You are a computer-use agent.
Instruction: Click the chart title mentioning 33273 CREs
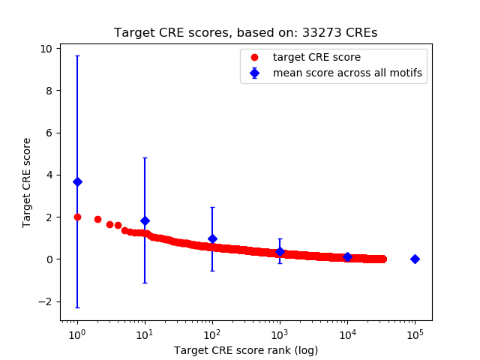(x=245, y=33)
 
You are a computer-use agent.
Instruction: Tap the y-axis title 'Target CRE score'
(x=27, y=182)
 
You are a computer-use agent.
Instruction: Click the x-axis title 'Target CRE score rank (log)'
(x=245, y=350)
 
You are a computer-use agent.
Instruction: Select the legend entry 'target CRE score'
(x=307, y=57)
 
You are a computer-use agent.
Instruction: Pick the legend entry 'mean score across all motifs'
(x=347, y=73)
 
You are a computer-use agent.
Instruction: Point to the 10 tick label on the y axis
(x=46, y=49)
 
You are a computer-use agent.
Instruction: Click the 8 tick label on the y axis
(x=49, y=91)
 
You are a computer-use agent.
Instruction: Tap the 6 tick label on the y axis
(x=49, y=133)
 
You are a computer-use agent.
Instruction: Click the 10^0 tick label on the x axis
(x=76, y=333)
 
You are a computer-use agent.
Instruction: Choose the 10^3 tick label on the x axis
(x=280, y=333)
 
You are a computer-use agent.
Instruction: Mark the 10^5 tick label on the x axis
(x=415, y=333)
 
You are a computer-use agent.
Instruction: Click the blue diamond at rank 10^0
(x=77, y=181)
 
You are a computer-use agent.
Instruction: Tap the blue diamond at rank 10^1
(x=145, y=220)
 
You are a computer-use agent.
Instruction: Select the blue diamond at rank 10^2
(x=212, y=238)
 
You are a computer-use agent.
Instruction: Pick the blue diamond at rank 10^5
(x=415, y=259)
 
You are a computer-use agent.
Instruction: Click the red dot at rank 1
(x=77, y=217)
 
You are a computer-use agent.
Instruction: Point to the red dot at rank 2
(x=97, y=219)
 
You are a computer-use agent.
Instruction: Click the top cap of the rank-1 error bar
(x=77, y=55)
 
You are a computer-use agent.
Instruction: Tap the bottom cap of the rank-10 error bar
(x=145, y=283)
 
